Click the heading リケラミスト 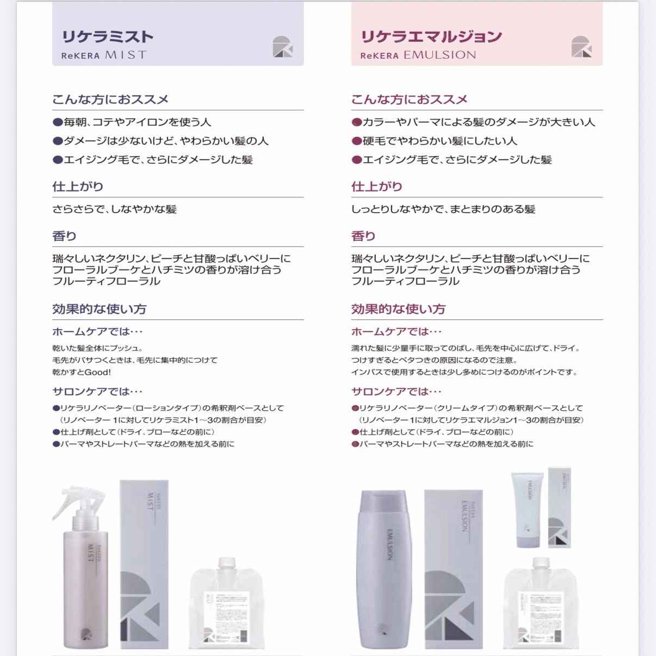pos(107,37)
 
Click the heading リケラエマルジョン pos(431,37)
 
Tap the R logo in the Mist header pos(282,47)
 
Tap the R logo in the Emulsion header pos(581,47)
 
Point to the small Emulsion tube pos(527,509)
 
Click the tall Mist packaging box pos(144,563)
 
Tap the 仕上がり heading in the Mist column pos(77,187)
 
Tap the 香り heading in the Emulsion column pos(363,236)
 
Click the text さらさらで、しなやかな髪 pos(114,209)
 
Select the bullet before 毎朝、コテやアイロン pos(58,122)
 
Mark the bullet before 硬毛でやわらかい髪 pos(357,141)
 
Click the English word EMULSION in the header pos(440,55)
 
